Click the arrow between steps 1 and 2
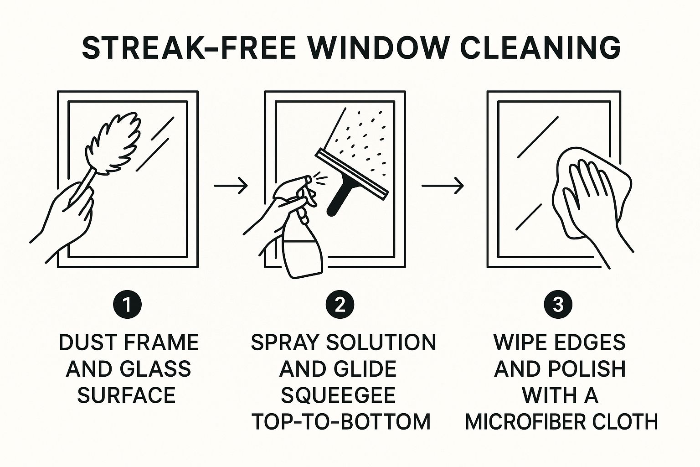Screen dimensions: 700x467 point(231,186)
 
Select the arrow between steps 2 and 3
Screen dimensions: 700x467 point(443,186)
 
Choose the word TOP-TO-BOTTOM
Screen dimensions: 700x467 point(341,422)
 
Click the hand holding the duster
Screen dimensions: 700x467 point(67,216)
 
